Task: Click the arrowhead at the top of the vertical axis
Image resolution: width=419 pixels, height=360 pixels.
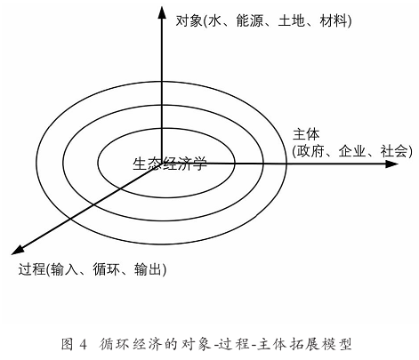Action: pyautogui.click(x=162, y=12)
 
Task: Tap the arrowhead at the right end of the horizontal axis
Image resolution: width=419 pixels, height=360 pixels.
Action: pyautogui.click(x=391, y=164)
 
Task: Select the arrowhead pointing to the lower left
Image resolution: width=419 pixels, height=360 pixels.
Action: pyautogui.click(x=18, y=250)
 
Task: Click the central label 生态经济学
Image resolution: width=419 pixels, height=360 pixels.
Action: pyautogui.click(x=170, y=164)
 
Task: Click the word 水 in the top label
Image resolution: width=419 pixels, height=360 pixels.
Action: pyautogui.click(x=214, y=21)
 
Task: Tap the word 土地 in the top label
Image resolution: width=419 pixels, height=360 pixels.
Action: pyautogui.click(x=291, y=21)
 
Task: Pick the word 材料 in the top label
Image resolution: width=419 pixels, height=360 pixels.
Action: pyautogui.click(x=333, y=21)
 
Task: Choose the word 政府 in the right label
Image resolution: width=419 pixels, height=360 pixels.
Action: pyautogui.click(x=310, y=151)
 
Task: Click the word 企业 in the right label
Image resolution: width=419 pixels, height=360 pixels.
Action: pyautogui.click(x=351, y=151)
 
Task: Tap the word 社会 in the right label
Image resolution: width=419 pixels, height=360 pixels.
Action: pyautogui.click(x=393, y=151)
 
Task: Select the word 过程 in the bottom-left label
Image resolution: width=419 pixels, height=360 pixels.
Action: pyautogui.click(x=32, y=269)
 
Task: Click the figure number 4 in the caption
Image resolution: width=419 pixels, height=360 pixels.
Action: pyautogui.click(x=83, y=345)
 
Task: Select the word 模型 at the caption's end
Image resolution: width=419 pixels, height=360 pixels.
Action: pyautogui.click(x=340, y=344)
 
